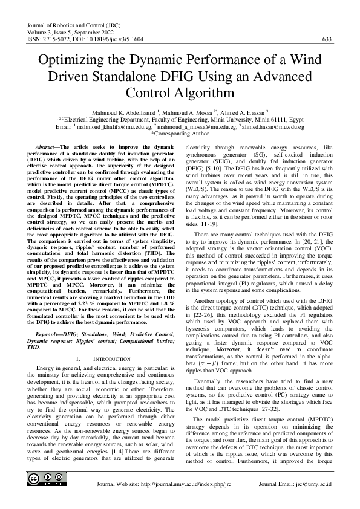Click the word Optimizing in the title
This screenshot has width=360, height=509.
click(76, 62)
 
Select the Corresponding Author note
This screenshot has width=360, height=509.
click(180, 134)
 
